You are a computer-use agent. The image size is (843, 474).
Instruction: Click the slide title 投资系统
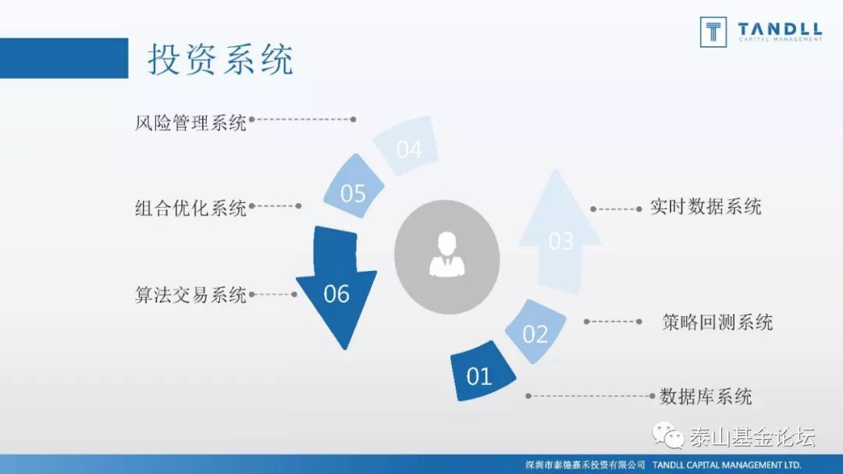coord(221,59)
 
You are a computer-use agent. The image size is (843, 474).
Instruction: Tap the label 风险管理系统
coord(190,123)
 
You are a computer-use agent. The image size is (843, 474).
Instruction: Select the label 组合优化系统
coord(190,208)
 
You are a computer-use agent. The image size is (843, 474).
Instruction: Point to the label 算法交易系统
coord(190,295)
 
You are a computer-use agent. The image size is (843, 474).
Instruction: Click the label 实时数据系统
coord(706,207)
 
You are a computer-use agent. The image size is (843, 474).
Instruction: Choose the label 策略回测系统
coord(717,322)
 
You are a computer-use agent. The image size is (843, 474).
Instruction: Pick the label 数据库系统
coord(706,396)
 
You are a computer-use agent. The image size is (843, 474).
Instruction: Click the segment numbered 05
coord(353,192)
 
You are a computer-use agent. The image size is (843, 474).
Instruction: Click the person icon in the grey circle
coord(447,254)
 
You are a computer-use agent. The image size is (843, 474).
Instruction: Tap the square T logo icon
coord(713,31)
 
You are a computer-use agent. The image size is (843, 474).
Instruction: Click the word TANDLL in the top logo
coord(779,30)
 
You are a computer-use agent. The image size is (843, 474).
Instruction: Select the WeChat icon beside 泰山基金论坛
coord(668,435)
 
